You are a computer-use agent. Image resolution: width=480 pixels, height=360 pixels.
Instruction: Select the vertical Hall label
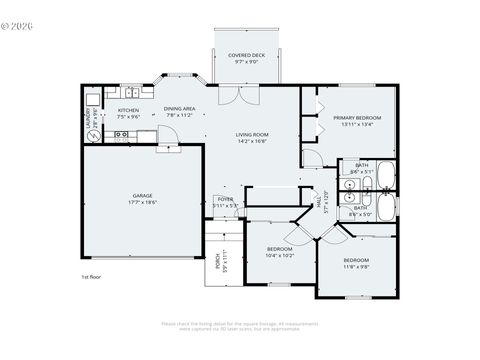coord(322,200)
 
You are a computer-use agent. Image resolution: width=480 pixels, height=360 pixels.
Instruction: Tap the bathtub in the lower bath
coord(386,207)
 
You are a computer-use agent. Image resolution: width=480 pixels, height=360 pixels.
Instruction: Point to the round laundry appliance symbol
coord(95,136)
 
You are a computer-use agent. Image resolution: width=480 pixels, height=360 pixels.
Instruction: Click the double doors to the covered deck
coord(231,92)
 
